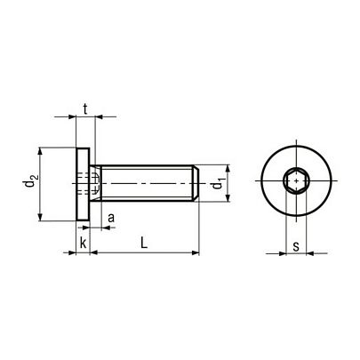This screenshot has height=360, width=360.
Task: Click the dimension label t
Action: (85, 109)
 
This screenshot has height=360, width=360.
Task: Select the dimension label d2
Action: (31, 181)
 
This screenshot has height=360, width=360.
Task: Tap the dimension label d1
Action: (217, 184)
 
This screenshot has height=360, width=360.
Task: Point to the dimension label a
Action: (111, 218)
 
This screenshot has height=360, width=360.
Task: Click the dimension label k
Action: (84, 243)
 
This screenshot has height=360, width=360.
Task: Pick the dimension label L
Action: (144, 243)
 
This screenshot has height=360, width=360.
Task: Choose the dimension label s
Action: (296, 246)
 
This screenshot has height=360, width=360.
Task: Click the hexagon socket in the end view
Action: (297, 180)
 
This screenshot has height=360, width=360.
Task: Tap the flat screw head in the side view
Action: (83, 184)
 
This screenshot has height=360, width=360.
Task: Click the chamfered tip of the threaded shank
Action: (196, 183)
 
